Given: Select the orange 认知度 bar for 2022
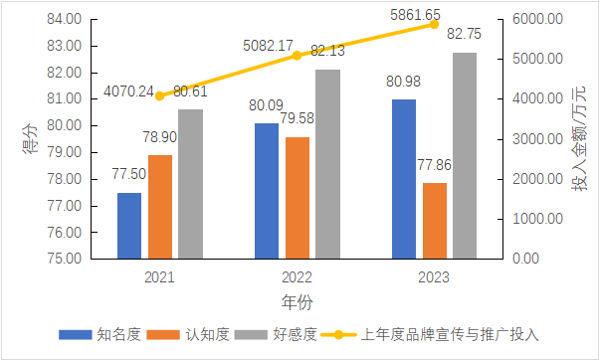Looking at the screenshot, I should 298,198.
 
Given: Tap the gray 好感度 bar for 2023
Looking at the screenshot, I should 465,155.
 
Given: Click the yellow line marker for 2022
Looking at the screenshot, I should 298,56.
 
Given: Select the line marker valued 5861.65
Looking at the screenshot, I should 435,24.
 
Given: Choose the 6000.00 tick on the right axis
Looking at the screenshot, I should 536,19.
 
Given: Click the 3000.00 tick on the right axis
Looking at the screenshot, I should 536,139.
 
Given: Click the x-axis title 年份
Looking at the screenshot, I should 298,299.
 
